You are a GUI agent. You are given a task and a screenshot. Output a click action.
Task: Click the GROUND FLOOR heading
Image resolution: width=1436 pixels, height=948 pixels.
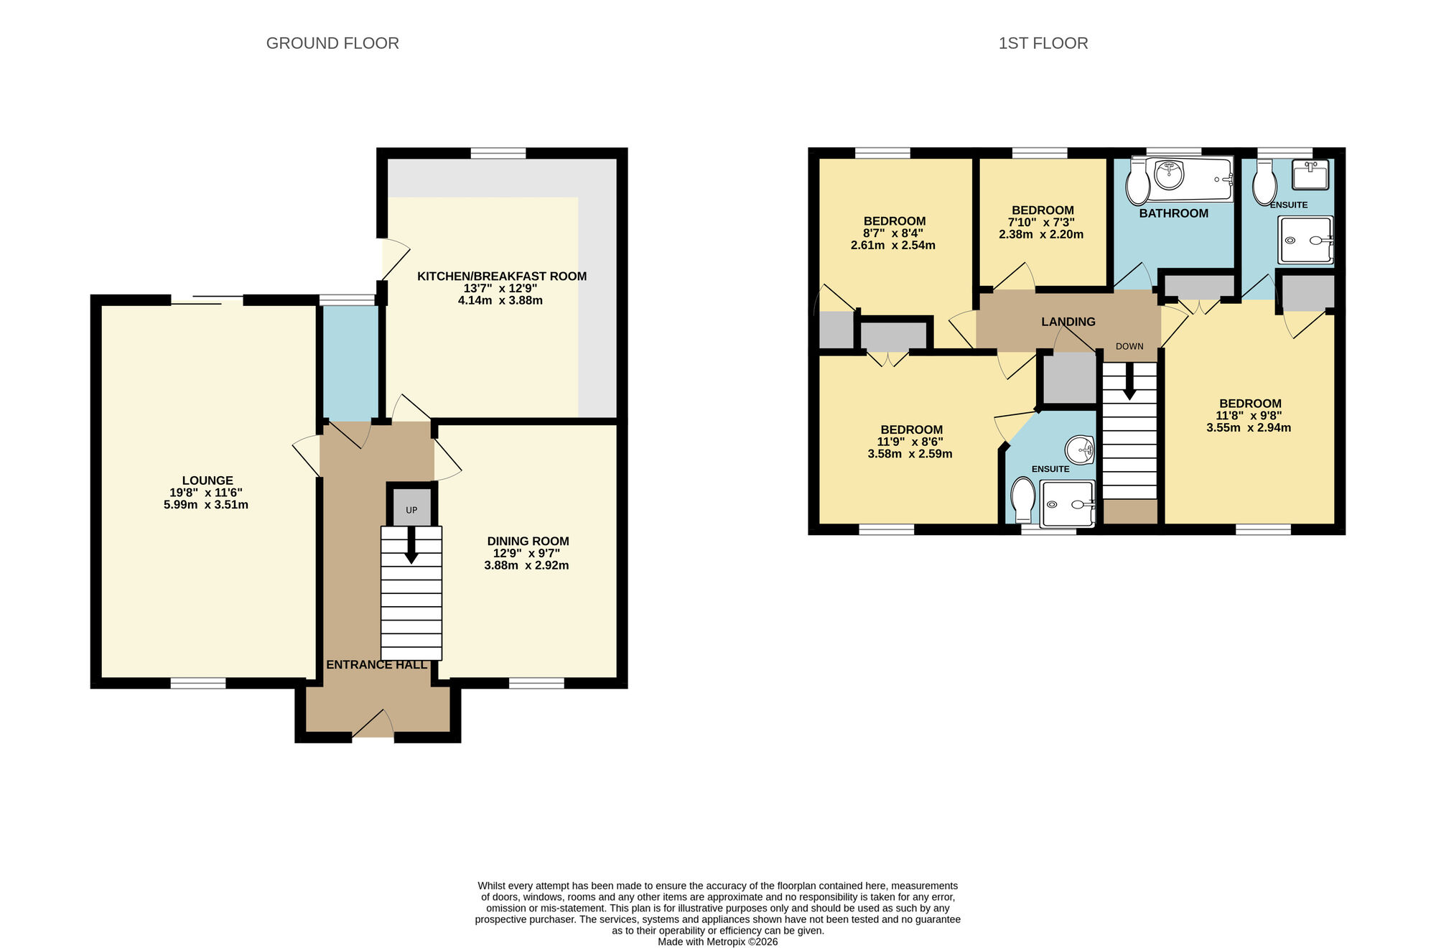[x=332, y=43]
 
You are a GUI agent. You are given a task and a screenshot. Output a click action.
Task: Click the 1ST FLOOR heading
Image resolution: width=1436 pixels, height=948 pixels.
[x=1043, y=43]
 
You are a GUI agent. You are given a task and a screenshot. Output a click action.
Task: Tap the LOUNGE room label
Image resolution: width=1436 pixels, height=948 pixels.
[x=208, y=480]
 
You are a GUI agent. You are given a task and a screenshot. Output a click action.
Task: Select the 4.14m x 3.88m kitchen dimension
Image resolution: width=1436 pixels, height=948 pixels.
[x=500, y=300]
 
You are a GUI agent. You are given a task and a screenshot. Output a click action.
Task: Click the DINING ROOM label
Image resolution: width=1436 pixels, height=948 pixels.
[x=528, y=541]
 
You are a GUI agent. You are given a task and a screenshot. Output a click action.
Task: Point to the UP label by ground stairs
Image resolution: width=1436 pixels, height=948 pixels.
[x=411, y=510]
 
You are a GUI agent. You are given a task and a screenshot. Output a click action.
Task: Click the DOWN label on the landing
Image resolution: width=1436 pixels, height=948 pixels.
[x=1129, y=346]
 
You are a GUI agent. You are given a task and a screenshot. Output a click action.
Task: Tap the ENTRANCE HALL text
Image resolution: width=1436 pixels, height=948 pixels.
[x=377, y=665]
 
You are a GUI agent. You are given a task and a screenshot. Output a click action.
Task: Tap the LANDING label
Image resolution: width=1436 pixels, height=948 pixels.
[x=1068, y=322]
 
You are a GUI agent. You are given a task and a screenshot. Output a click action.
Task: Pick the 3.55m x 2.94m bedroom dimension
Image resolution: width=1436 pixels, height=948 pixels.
[x=1249, y=428]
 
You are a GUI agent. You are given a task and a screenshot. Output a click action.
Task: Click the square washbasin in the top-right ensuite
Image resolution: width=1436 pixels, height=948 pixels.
[x=1310, y=174]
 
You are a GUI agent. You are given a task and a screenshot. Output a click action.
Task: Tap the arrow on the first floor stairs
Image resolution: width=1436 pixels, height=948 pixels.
[x=1129, y=382]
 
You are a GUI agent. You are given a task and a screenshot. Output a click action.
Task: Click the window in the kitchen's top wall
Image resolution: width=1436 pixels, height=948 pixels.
[x=498, y=153]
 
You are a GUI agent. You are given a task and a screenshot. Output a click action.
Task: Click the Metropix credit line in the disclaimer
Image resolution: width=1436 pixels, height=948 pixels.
[x=717, y=942]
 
